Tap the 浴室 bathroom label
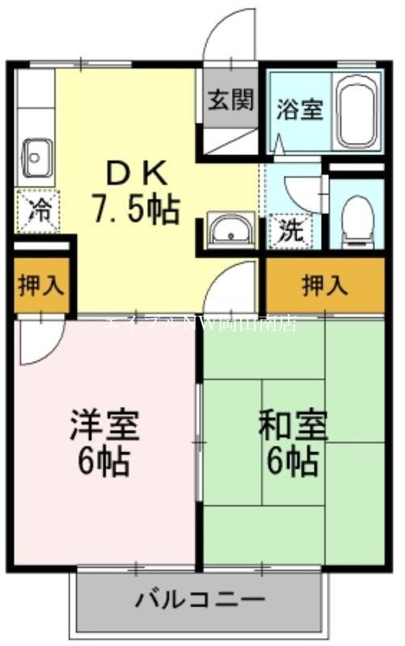tap(300, 108)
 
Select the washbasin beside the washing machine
tap(231, 229)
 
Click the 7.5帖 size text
tap(135, 209)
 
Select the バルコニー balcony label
tap(199, 600)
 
